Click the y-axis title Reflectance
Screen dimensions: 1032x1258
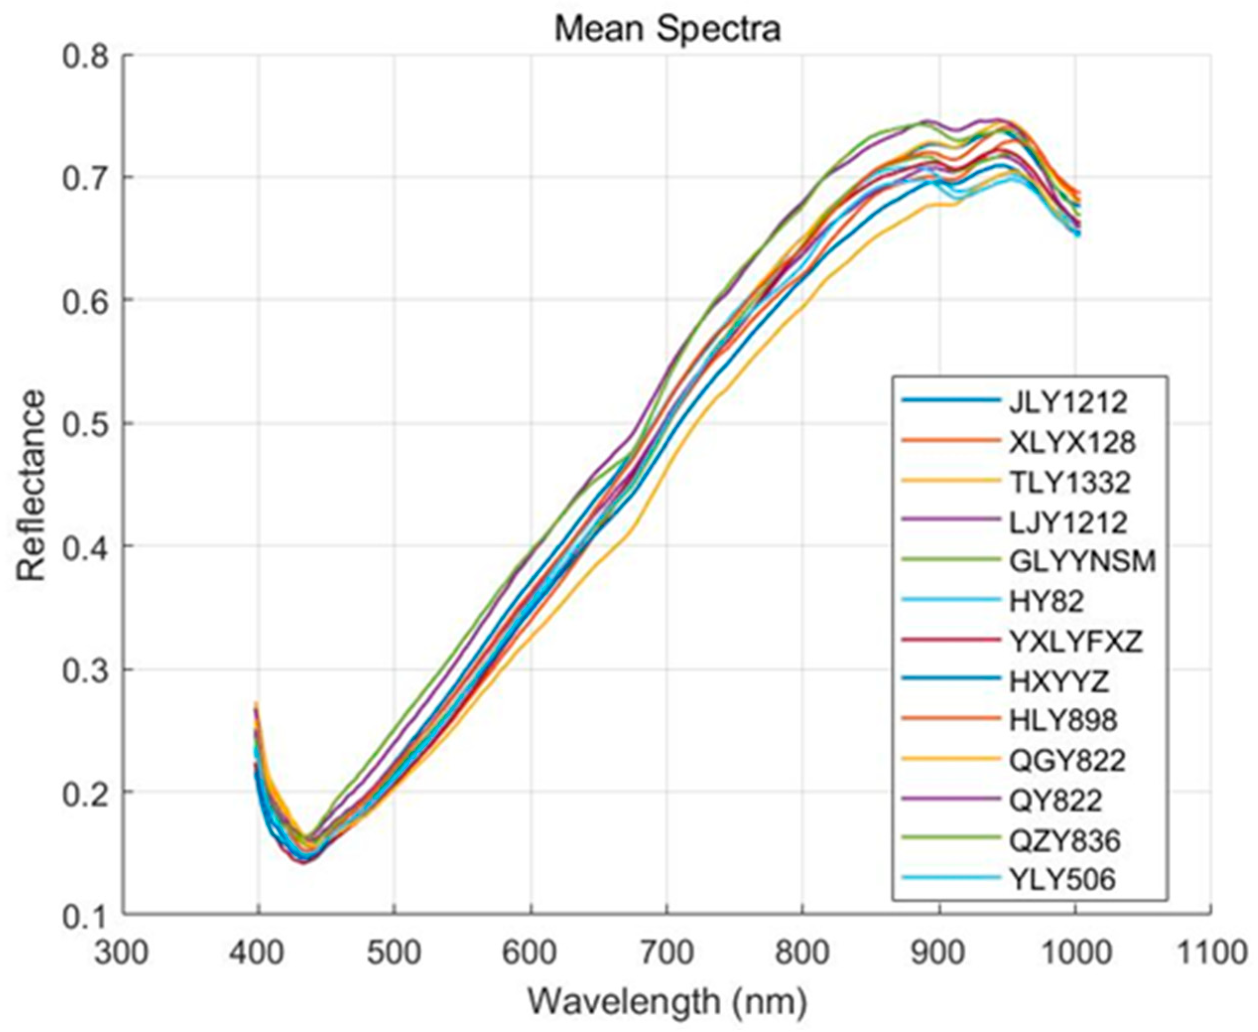pyautogui.click(x=31, y=486)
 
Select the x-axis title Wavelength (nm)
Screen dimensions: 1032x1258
pyautogui.click(x=667, y=1002)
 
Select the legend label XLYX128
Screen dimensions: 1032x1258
pyautogui.click(x=1072, y=442)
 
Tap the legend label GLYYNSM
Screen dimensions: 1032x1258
pyautogui.click(x=1082, y=561)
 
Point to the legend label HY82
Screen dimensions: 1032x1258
pyautogui.click(x=1046, y=602)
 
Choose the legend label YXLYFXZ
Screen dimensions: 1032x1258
pyautogui.click(x=1076, y=641)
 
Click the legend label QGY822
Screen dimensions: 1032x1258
pyautogui.click(x=1067, y=760)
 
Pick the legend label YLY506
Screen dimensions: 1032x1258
pyautogui.click(x=1063, y=880)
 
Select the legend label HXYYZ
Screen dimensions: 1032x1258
pyautogui.click(x=1060, y=681)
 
